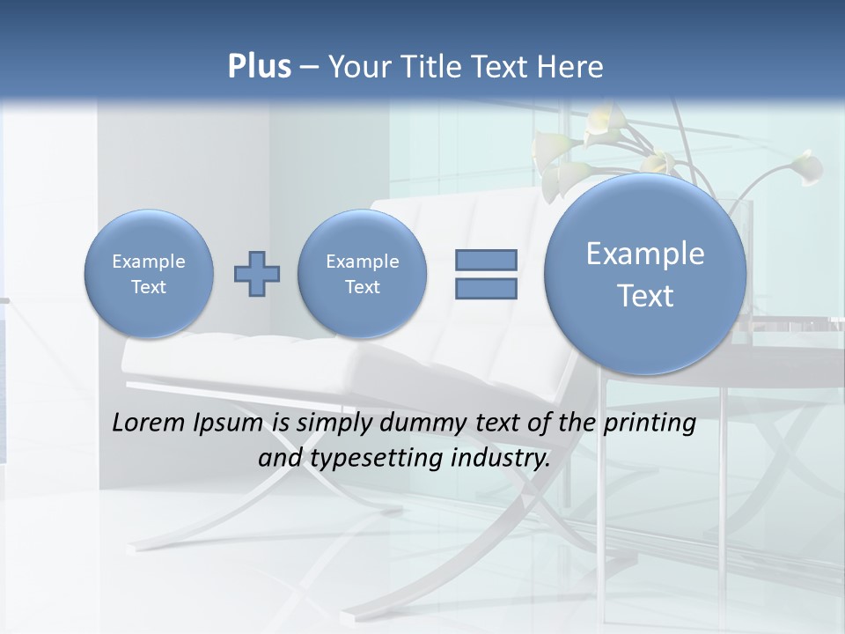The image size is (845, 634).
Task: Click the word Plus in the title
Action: (x=259, y=67)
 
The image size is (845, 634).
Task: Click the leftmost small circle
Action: (x=149, y=273)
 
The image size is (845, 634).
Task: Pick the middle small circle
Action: (x=363, y=273)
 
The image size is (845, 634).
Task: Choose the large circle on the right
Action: (x=645, y=274)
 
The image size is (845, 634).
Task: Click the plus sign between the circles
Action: (x=257, y=274)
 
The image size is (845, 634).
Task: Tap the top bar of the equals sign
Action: (x=486, y=260)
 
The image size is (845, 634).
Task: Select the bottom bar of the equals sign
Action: (x=486, y=288)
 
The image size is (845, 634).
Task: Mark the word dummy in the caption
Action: (x=420, y=424)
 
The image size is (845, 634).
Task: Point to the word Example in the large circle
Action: (x=645, y=254)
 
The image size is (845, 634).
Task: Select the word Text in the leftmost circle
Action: (x=149, y=287)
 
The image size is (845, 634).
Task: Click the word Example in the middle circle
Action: (x=363, y=262)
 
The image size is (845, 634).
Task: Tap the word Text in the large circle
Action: (x=645, y=296)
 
